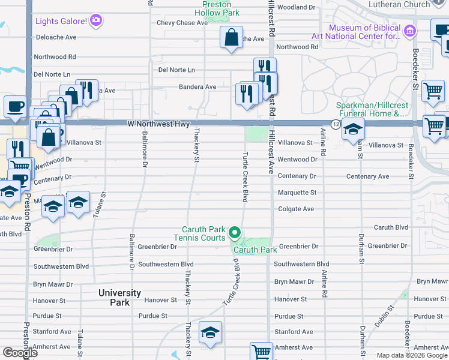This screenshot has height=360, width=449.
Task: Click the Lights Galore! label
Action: pos(62,22)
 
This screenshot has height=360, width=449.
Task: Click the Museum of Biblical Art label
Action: pos(364,32)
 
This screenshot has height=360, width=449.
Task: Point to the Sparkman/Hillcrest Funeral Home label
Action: pos(370,109)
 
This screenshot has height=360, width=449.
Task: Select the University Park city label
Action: pos(120,298)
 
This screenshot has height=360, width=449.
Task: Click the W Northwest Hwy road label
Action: pos(158,124)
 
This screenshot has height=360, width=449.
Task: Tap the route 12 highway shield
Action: pos(336,124)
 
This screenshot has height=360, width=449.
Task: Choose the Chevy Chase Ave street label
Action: pos(181,23)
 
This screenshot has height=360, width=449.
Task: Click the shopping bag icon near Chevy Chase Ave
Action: pos(231,38)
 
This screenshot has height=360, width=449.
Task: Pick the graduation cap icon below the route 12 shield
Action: pos(353,130)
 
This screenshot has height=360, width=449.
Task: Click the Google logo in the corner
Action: pos(20,353)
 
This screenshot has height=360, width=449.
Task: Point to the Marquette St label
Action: pos(297,193)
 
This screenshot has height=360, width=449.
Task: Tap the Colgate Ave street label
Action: pos(296,209)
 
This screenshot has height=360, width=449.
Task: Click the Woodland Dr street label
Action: pos(296,7)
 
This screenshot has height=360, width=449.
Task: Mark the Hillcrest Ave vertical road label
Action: pos(271,154)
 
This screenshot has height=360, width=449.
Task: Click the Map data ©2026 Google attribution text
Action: pos(412,355)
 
